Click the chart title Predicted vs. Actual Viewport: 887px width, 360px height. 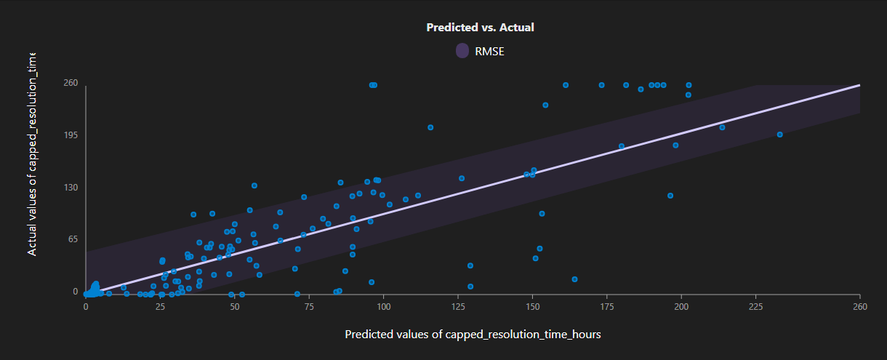point(480,28)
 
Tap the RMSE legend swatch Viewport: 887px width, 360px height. point(462,51)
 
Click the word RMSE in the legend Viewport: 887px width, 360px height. point(489,51)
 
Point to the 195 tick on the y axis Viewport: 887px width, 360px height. point(69,135)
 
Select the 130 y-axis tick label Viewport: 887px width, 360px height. point(69,188)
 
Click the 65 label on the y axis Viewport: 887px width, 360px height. point(71,239)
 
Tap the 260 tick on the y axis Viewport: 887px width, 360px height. point(69,83)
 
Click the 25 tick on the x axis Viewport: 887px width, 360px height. point(161,307)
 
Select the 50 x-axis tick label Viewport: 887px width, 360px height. point(235,307)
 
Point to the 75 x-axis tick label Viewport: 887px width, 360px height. point(309,307)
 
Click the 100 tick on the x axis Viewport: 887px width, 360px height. point(383,307)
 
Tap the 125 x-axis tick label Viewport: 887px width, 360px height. point(458,307)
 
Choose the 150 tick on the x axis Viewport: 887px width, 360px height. point(532,307)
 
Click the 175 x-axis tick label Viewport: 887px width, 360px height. point(606,307)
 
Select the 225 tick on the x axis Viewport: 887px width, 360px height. point(755,307)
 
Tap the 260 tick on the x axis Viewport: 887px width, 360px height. point(859,307)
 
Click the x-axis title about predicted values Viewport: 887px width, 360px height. point(473,335)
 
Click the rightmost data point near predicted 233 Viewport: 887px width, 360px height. point(779,135)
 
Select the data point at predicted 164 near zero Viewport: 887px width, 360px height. point(574,279)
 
